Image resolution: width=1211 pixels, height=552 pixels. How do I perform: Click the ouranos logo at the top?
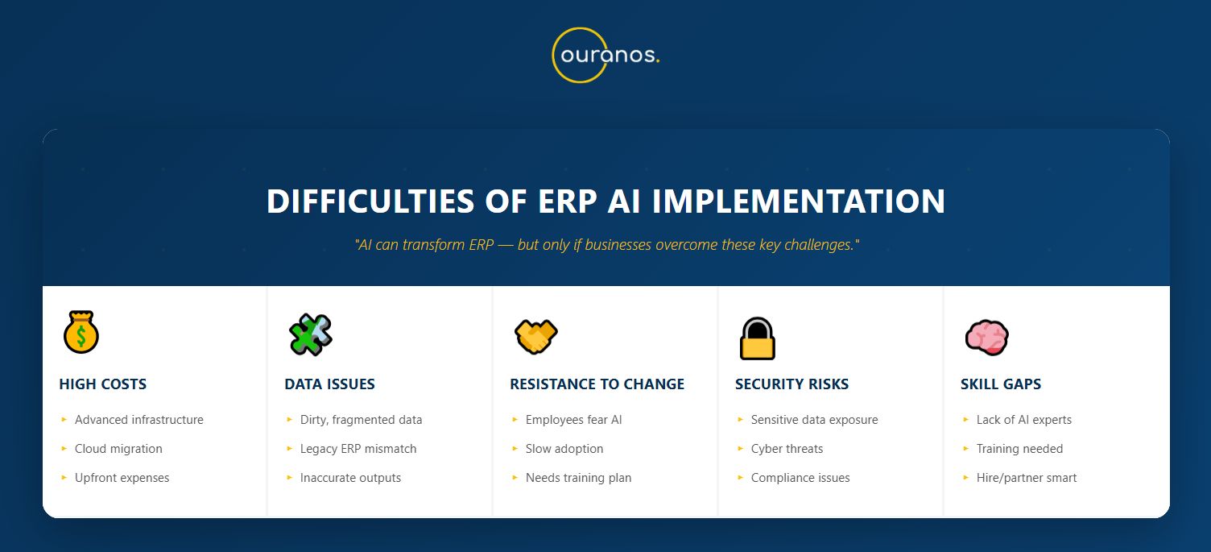(605, 55)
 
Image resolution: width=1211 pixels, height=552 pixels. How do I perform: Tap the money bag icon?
(81, 332)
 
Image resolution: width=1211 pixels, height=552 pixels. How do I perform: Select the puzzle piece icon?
(310, 334)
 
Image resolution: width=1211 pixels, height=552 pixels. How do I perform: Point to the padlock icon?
(758, 338)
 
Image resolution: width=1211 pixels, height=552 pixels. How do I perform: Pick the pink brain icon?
(986, 338)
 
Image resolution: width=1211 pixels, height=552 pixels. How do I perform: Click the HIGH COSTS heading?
(103, 384)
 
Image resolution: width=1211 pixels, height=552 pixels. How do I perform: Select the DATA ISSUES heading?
(330, 384)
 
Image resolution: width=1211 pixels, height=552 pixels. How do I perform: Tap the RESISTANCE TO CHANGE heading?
(597, 384)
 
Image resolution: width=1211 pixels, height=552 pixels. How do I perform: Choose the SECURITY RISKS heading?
(792, 384)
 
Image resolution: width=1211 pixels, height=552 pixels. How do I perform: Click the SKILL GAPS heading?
(1001, 384)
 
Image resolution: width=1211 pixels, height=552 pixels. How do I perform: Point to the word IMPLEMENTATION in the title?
(799, 201)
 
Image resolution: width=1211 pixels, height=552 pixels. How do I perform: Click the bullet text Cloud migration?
(118, 449)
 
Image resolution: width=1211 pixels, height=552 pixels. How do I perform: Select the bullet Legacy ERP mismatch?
(358, 449)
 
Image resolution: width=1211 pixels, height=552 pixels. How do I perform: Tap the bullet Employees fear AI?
(573, 420)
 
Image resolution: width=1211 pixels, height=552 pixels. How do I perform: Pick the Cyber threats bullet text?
(787, 449)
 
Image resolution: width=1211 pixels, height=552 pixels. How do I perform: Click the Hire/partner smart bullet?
(1027, 478)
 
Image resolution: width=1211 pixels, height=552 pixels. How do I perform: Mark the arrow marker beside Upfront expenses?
(64, 477)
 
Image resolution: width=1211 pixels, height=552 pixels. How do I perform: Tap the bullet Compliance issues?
(800, 478)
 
